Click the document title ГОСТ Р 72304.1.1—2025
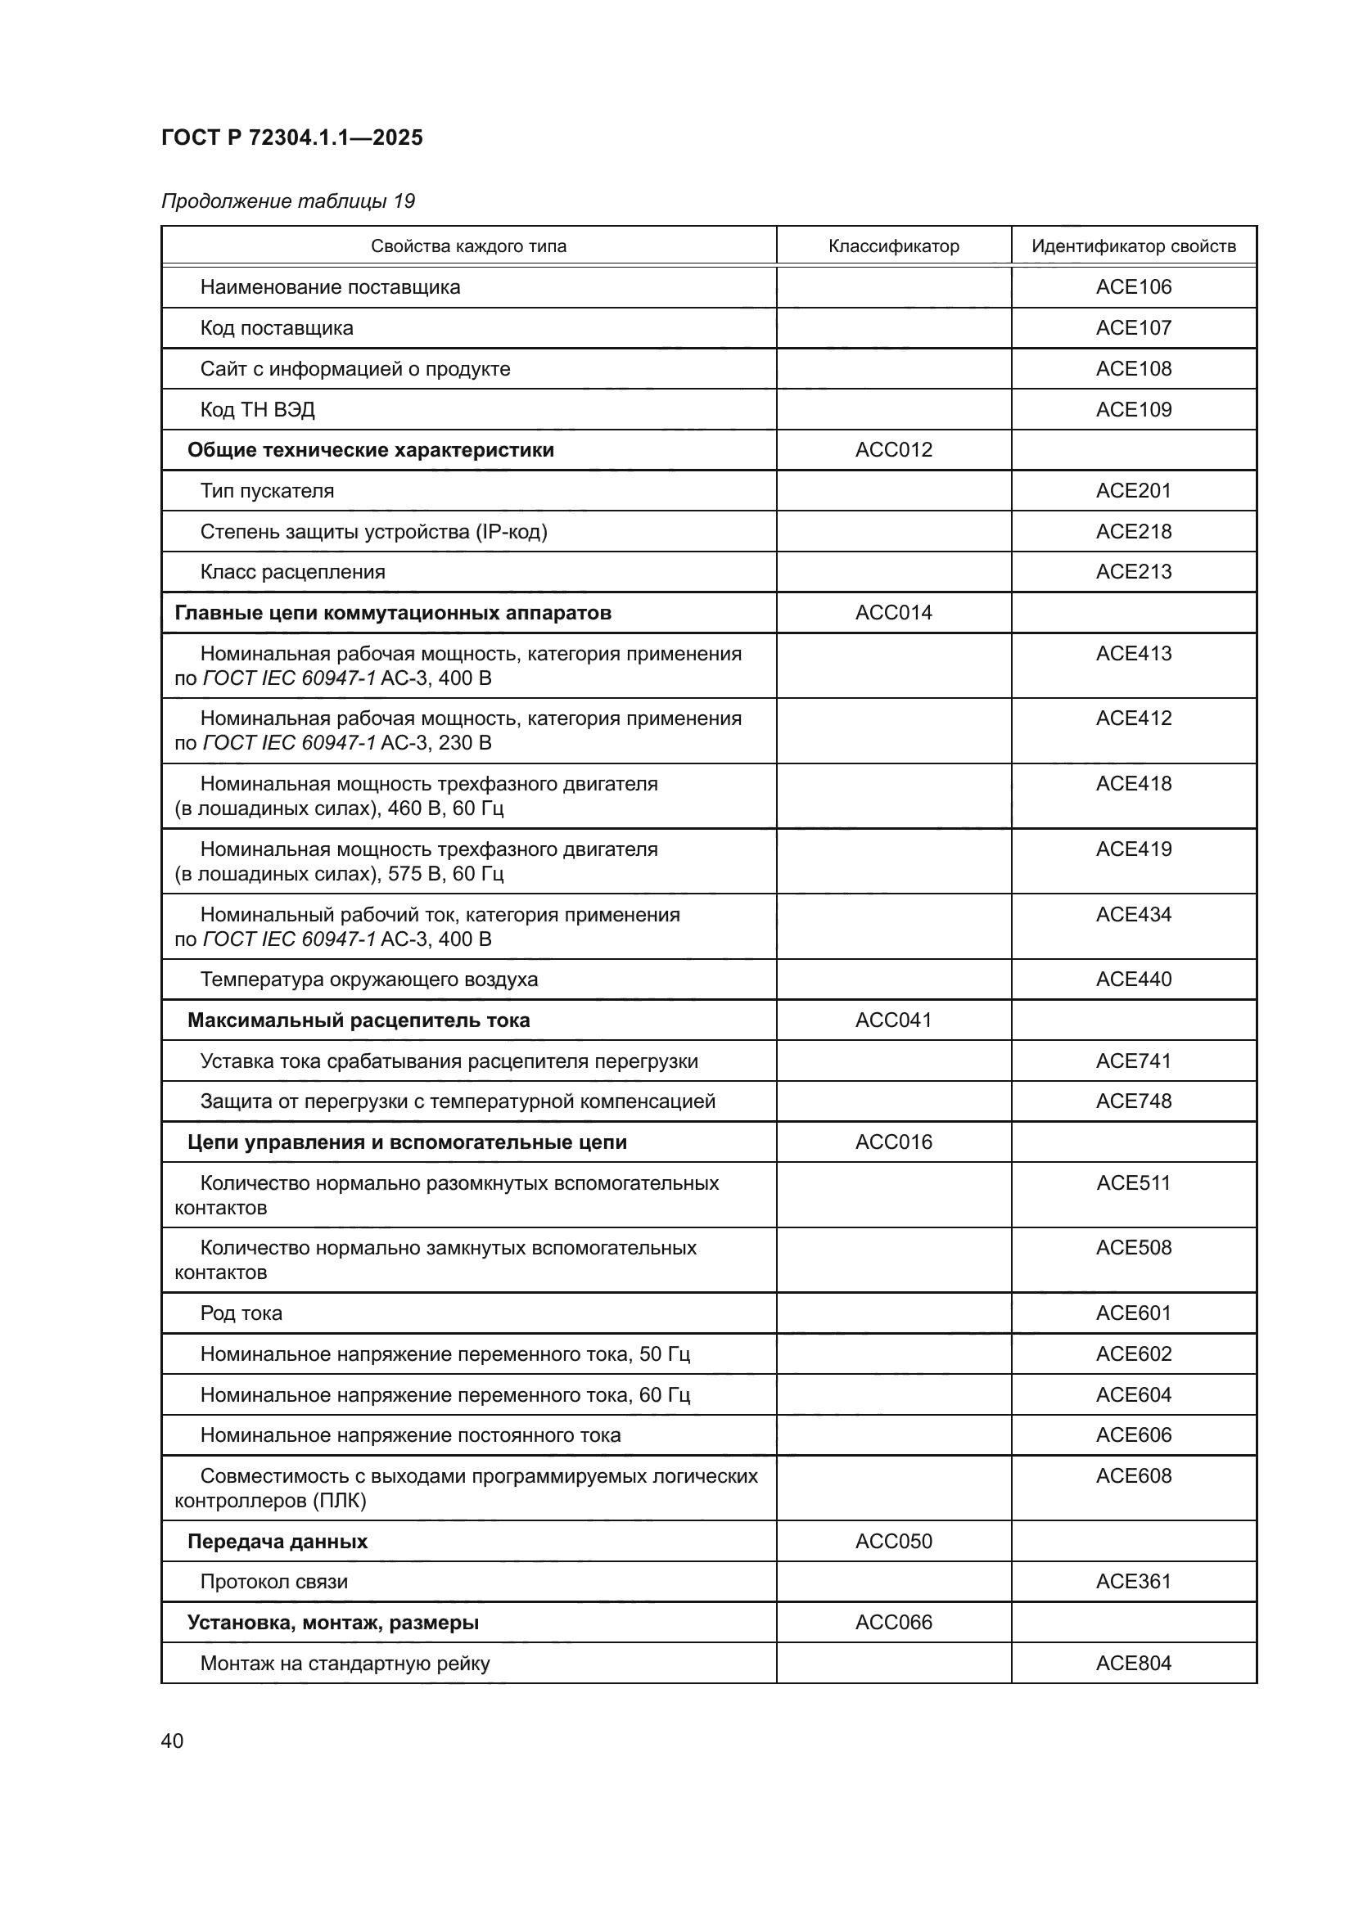click(291, 137)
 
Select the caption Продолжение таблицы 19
click(287, 201)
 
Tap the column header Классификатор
click(893, 246)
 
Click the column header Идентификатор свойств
click(1133, 246)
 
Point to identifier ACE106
click(1133, 286)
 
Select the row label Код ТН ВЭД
click(257, 409)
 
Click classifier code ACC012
click(893, 450)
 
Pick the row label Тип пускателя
click(267, 491)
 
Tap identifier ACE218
click(1133, 531)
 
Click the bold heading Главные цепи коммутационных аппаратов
click(393, 613)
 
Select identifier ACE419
click(1133, 849)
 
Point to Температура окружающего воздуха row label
click(368, 980)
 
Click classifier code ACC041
click(893, 1020)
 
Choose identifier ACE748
click(1133, 1101)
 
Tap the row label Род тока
click(241, 1313)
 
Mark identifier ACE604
click(1133, 1394)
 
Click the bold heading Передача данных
click(277, 1542)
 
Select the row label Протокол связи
click(273, 1582)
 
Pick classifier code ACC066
click(893, 1622)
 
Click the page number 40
click(173, 1741)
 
